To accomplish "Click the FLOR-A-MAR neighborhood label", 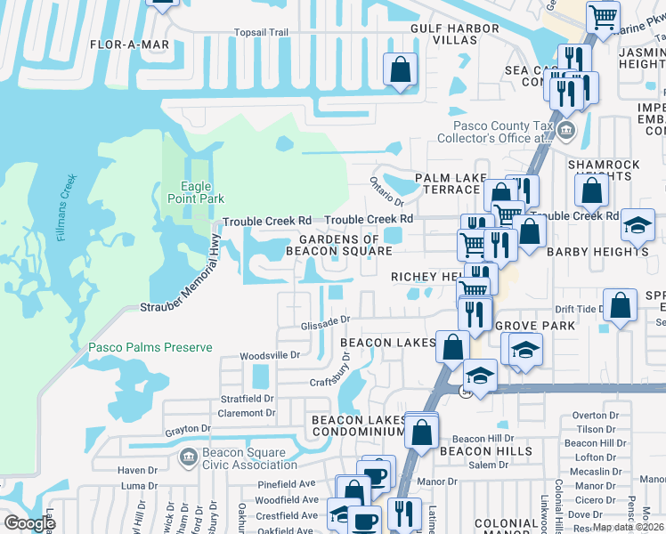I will pyautogui.click(x=126, y=43).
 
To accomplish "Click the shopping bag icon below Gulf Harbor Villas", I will pyautogui.click(x=401, y=69).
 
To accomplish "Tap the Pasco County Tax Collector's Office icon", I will pyautogui.click(x=566, y=132).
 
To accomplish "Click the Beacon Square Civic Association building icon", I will pyautogui.click(x=187, y=457).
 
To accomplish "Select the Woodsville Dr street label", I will pyautogui.click(x=272, y=355).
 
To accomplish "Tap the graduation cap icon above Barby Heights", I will pyautogui.click(x=638, y=224).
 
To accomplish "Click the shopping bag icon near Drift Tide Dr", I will pyautogui.click(x=620, y=304).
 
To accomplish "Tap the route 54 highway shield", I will pyautogui.click(x=466, y=391).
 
